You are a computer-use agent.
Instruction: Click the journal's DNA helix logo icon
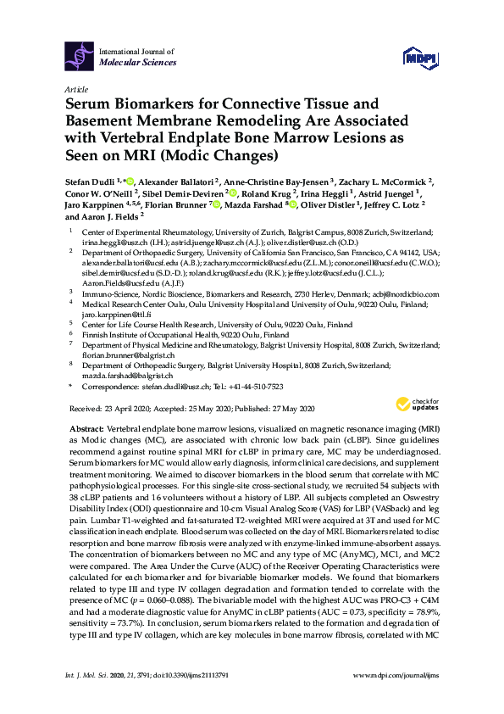80,57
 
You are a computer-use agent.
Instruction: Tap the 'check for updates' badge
421,404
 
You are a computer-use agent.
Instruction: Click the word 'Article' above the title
76,88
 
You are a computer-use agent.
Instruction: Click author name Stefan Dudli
92,181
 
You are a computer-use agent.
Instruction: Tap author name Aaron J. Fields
112,216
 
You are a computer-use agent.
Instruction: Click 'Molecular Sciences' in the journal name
138,63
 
